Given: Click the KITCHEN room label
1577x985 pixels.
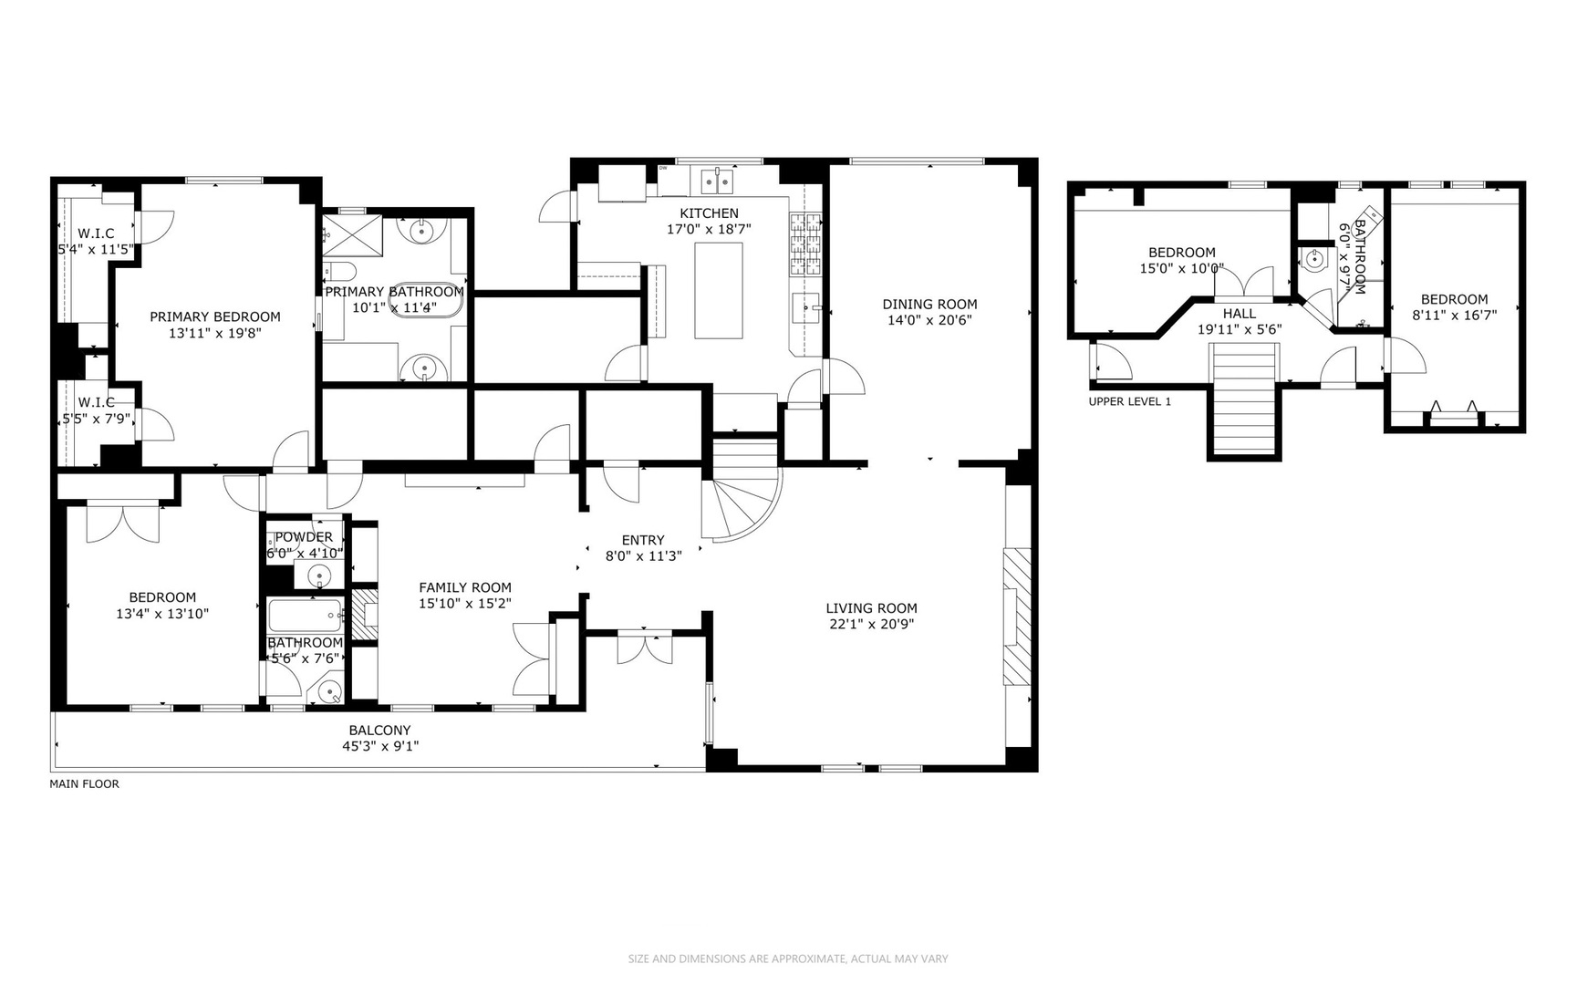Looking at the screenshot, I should (709, 213).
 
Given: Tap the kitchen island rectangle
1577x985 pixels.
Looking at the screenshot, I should (719, 290).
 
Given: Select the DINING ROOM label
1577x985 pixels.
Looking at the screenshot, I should (929, 305).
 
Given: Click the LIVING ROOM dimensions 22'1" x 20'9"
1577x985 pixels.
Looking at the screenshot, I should (871, 625).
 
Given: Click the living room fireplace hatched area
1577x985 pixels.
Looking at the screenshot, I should (1016, 617).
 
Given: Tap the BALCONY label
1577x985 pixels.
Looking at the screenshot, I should (379, 730).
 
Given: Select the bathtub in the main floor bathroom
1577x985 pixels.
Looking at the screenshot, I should (306, 616).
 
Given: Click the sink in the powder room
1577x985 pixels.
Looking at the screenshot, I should (318, 575).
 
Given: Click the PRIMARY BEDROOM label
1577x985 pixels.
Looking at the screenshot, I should (215, 316).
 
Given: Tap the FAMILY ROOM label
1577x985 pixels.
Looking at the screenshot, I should (465, 587).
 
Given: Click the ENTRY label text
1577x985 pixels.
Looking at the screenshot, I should (643, 540).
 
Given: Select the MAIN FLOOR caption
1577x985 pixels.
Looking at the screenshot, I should (84, 783).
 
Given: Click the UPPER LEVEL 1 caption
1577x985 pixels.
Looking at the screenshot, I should (1129, 401).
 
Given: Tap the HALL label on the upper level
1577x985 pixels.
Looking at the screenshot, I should (1240, 313).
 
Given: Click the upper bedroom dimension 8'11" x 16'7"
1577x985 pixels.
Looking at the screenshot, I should (1454, 315).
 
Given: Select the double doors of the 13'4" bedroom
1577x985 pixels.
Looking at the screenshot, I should (123, 524).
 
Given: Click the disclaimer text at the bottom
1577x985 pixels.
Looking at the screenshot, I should (788, 959).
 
